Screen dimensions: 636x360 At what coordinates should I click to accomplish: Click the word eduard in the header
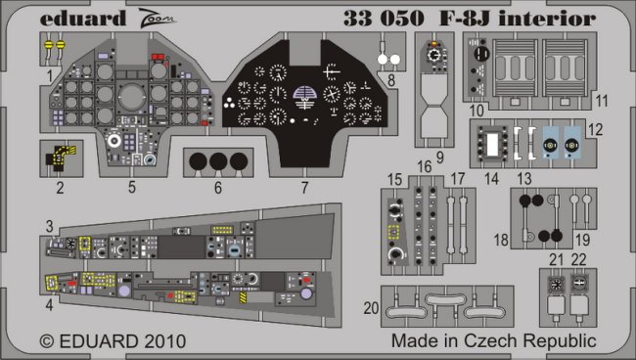point(83,19)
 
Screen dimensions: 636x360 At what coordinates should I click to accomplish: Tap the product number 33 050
point(384,19)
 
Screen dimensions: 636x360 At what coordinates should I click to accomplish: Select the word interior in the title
point(547,19)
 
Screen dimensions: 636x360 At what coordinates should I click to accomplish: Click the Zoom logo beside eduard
point(157,19)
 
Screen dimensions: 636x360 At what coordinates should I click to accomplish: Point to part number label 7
point(304,187)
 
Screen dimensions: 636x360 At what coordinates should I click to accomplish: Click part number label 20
point(371,308)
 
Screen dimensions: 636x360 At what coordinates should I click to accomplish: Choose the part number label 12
point(595,130)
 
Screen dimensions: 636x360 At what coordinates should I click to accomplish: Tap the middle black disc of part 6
point(218,161)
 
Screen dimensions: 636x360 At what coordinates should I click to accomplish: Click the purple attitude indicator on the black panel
point(304,97)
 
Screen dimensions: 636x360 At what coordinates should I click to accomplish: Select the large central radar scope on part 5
point(131,98)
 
